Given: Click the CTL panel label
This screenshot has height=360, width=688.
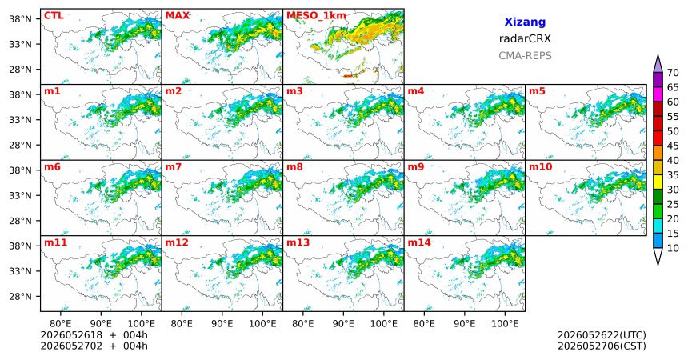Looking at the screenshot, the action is [x=54, y=16].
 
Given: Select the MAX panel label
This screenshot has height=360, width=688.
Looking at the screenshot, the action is [x=178, y=16].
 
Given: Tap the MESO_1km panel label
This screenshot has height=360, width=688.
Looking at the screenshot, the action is [x=316, y=16].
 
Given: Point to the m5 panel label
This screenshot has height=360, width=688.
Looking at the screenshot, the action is [x=537, y=91].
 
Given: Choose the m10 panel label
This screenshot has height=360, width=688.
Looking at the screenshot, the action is [x=540, y=167].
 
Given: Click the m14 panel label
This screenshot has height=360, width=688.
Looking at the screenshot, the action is [x=419, y=242].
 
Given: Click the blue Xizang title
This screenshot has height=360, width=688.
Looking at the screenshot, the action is [x=525, y=22].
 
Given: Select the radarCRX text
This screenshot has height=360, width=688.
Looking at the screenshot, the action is [x=525, y=38].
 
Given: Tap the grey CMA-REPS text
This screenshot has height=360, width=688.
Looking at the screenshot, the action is [x=525, y=56].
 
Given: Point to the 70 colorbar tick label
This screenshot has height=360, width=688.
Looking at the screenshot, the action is [x=673, y=73].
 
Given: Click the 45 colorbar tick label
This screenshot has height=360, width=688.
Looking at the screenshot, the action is [x=673, y=146].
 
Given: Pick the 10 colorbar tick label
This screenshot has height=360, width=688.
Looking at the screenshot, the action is [x=673, y=248].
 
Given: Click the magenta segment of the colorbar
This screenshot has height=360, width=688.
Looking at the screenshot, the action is [x=658, y=94].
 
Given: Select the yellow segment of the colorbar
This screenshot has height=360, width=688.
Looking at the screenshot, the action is [x=658, y=182].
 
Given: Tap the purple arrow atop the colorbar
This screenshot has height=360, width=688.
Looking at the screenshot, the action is [x=658, y=64].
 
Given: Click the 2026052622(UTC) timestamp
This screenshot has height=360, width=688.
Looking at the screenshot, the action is [x=602, y=335].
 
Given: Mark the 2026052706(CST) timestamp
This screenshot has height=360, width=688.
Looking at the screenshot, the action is [x=602, y=346].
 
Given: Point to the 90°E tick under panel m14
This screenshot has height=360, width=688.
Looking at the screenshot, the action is [x=465, y=324].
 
